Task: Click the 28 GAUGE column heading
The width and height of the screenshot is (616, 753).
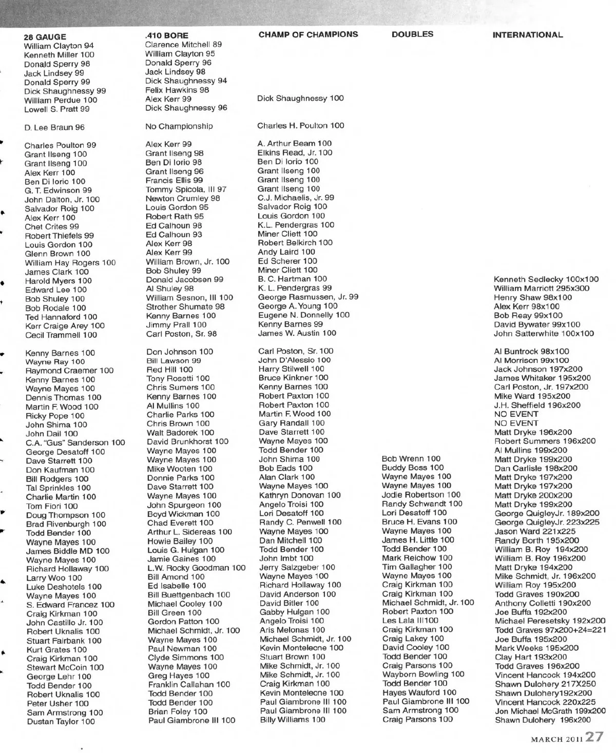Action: (x=45, y=37)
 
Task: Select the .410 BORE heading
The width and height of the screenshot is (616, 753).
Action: (x=167, y=36)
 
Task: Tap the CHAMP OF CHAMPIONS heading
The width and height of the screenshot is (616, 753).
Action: (x=308, y=34)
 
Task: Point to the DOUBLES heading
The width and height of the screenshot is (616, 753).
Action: (x=412, y=34)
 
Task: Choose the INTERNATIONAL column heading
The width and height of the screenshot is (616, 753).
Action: (x=527, y=35)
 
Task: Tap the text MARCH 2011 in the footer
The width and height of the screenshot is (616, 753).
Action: (x=556, y=740)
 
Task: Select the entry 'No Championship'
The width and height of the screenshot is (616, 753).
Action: (x=179, y=126)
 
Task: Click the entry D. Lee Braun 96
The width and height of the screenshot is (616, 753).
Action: (x=54, y=127)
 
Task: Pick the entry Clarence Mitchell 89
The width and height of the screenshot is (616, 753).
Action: (x=183, y=45)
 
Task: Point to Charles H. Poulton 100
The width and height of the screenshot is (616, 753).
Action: (x=301, y=126)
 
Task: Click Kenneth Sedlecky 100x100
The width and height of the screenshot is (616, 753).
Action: (x=546, y=280)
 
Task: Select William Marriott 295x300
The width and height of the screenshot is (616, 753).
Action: (x=542, y=288)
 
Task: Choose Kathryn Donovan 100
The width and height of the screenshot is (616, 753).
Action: (x=300, y=495)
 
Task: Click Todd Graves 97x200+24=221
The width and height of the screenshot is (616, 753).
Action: (x=550, y=630)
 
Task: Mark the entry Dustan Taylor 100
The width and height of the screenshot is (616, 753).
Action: (x=61, y=722)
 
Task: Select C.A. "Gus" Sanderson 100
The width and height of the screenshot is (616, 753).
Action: (x=75, y=443)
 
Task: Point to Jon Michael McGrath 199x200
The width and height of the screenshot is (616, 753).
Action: (x=550, y=711)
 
